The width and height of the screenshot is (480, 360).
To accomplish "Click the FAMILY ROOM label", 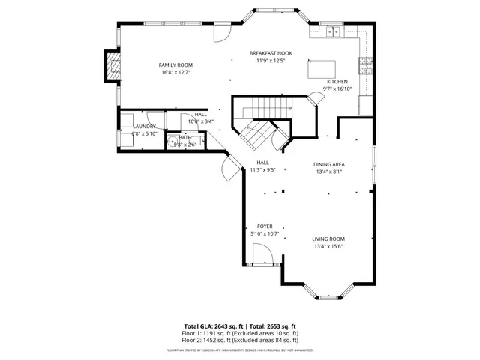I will coord(175,65).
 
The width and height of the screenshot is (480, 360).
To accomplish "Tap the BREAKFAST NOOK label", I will coord(271,53).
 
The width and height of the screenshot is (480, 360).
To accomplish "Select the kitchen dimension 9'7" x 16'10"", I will coord(337,88).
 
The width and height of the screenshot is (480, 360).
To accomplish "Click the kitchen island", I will coord(324,68).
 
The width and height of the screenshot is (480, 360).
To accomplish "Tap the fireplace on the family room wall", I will coord(112,66).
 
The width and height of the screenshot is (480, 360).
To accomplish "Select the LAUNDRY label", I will coord(144,127).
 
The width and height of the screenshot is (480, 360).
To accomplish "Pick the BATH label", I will coord(185,138).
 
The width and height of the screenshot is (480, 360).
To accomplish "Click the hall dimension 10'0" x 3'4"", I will coord(200,121).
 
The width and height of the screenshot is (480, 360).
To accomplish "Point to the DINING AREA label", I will coord(328,163).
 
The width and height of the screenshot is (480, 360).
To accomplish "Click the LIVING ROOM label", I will coord(328,238).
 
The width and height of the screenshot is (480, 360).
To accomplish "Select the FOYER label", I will coord(265,226).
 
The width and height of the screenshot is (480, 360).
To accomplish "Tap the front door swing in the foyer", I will coord(262,256).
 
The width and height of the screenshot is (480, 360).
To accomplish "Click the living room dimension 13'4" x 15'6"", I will coord(328,246).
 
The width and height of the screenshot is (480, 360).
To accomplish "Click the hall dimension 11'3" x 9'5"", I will coord(263,169).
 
